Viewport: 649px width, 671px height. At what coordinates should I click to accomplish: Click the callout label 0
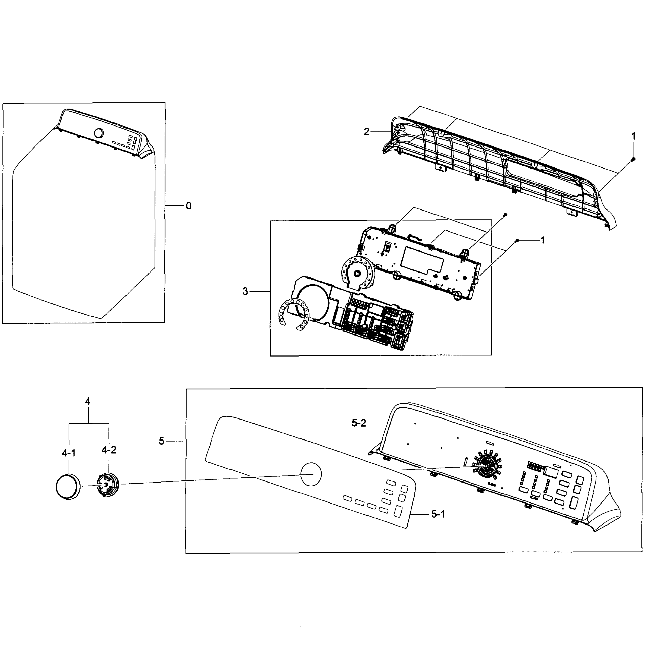coord(188,206)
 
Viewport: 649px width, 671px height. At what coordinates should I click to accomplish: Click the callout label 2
coord(367,132)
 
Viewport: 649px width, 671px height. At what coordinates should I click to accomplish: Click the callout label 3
coord(245,292)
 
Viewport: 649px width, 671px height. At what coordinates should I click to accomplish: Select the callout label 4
coord(88,402)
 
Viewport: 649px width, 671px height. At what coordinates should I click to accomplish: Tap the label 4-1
coord(68,453)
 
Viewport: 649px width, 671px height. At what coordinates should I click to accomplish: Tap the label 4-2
coord(109,450)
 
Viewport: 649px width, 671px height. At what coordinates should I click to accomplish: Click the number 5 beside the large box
coord(161,441)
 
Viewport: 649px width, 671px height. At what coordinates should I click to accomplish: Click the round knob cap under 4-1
coord(68,487)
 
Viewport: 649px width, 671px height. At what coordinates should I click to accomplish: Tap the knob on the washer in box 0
coord(98,133)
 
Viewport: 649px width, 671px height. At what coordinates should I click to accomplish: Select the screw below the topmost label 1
coord(633,159)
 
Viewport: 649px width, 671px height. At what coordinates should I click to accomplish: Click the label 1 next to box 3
coord(542,240)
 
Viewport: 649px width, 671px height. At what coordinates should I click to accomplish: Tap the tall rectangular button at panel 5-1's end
coord(398,512)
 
